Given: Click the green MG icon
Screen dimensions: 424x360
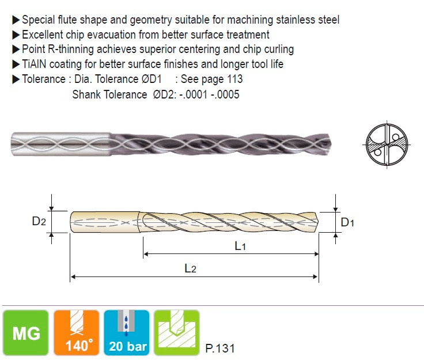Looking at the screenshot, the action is point(26,332).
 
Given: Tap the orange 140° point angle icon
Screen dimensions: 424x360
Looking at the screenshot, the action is point(77,332).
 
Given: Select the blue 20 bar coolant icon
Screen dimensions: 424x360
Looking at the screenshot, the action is point(127,332).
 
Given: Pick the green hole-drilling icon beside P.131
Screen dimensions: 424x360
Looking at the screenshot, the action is point(177,332).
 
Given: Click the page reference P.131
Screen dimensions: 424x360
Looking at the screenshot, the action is point(220,348).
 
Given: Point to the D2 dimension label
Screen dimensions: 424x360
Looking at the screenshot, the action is point(39,221).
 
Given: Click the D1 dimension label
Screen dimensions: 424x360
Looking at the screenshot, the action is point(347,222).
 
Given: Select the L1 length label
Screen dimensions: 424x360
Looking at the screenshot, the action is point(240,246).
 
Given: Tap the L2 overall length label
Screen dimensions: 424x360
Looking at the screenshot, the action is point(190,268).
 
